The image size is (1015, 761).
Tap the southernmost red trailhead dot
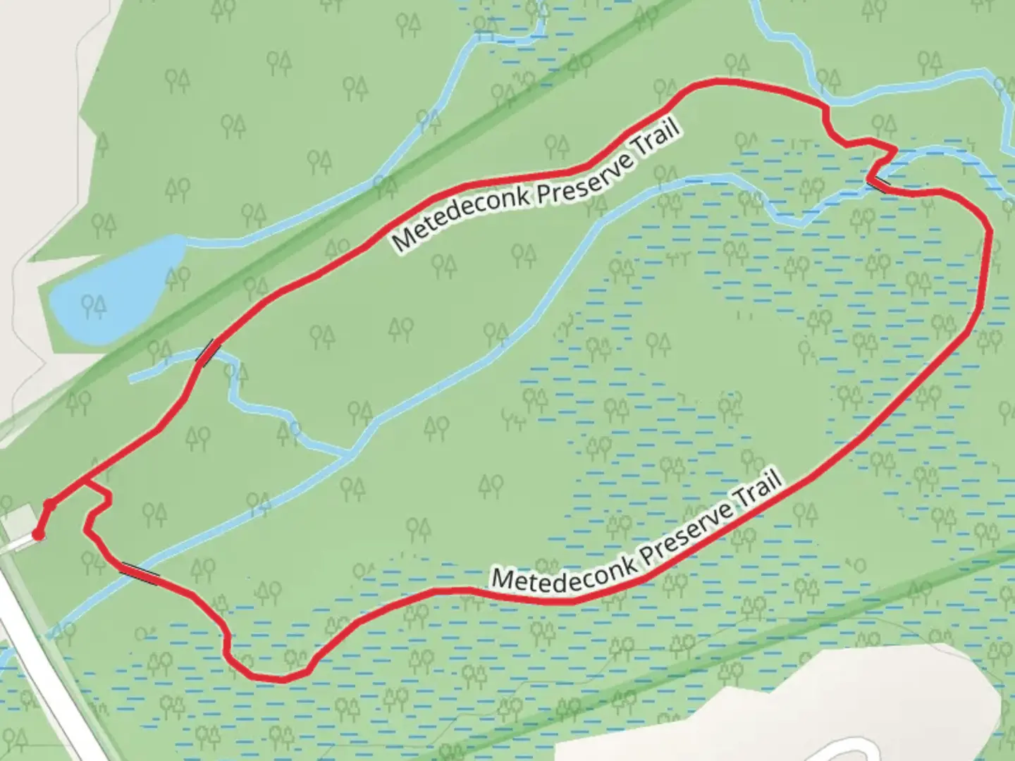tap(38, 536)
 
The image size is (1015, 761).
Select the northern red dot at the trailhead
tap(50, 505)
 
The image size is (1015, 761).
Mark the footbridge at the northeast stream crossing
tap(878, 184)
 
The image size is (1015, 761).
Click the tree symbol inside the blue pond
tap(93, 306)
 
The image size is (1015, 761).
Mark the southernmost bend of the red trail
tap(278, 679)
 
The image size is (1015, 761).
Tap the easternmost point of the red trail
tap(990, 233)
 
